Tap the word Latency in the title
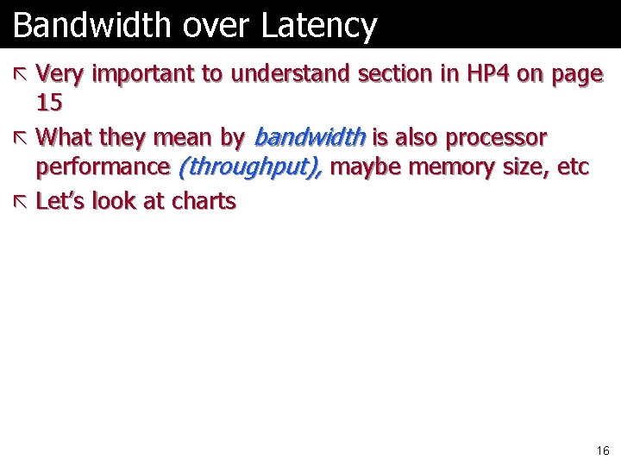319,26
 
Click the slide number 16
602,450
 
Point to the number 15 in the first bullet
49,104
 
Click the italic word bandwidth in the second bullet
310,137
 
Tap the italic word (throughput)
250,167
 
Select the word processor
496,137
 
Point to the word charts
204,201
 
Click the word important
143,74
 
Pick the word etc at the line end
574,167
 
